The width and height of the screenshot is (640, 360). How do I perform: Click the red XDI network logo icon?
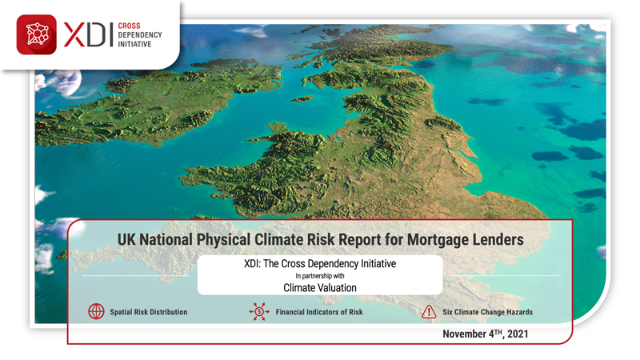pos(36,34)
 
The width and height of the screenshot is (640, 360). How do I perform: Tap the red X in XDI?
pos(74,35)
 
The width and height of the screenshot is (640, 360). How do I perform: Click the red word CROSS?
pos(129,26)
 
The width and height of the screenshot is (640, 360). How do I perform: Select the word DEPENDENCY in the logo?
pos(140,35)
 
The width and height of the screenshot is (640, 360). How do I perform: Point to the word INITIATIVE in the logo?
pos(134,44)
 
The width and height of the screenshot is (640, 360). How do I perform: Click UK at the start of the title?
pos(126,239)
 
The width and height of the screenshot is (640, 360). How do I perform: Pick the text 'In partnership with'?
pos(320,276)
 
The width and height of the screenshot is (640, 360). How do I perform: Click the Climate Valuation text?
pos(320,288)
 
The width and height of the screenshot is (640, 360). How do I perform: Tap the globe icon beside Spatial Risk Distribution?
pos(96,311)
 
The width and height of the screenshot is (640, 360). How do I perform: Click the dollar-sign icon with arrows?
pos(259,311)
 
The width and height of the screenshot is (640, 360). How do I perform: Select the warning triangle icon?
pos(429,312)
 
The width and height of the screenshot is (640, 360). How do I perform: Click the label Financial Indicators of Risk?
pos(319,312)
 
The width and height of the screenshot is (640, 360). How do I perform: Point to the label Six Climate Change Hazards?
pos(488,312)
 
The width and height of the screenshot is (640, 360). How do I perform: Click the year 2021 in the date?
pos(518,334)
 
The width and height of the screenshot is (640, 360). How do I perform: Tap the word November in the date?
pos(464,334)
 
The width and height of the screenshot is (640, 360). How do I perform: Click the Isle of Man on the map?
pos(301,98)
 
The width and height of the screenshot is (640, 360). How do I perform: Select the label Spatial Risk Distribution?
pos(149,312)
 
